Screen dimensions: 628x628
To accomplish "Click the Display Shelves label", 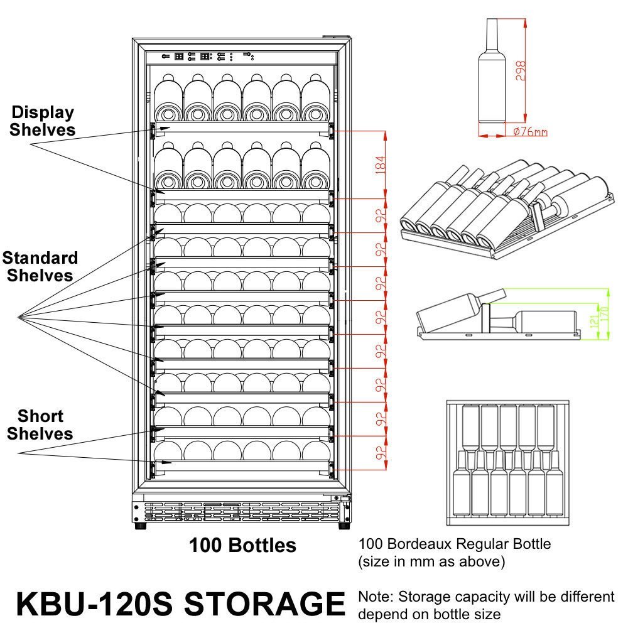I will [x=42, y=121].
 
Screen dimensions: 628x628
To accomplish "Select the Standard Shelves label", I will [x=40, y=266].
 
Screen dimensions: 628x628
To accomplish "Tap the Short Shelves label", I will [x=40, y=425].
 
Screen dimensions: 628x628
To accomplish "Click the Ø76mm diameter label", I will [x=529, y=131].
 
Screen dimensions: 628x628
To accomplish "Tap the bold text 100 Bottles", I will [x=242, y=545].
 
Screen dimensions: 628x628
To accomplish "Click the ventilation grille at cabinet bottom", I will [x=239, y=510].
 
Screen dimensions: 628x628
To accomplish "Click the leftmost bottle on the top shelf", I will [x=168, y=97].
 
